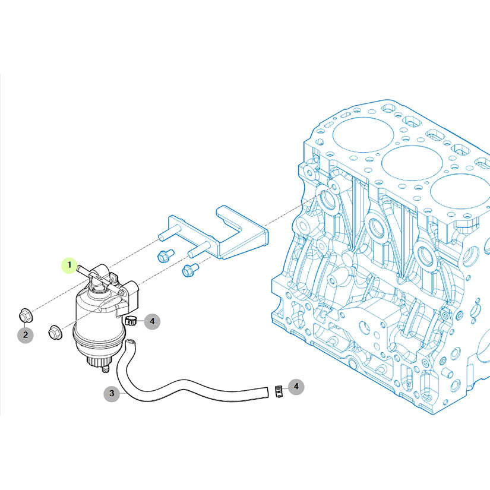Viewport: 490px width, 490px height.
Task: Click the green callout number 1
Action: click(69, 265)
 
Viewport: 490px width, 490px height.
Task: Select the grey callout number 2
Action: click(26, 335)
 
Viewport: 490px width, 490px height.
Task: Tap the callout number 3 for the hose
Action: click(112, 393)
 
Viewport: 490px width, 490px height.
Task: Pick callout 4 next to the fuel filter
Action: click(152, 321)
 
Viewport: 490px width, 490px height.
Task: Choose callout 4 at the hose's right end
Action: click(296, 387)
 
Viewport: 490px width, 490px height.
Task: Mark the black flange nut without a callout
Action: click(55, 331)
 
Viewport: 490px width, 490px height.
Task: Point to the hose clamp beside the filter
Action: click(131, 321)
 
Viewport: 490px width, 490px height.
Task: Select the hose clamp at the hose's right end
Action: click(279, 391)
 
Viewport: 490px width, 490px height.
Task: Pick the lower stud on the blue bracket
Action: click(199, 249)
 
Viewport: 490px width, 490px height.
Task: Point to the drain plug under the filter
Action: click(105, 369)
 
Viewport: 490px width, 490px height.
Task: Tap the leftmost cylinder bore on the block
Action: click(363, 135)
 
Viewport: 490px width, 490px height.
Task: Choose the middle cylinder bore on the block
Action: click(412, 163)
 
